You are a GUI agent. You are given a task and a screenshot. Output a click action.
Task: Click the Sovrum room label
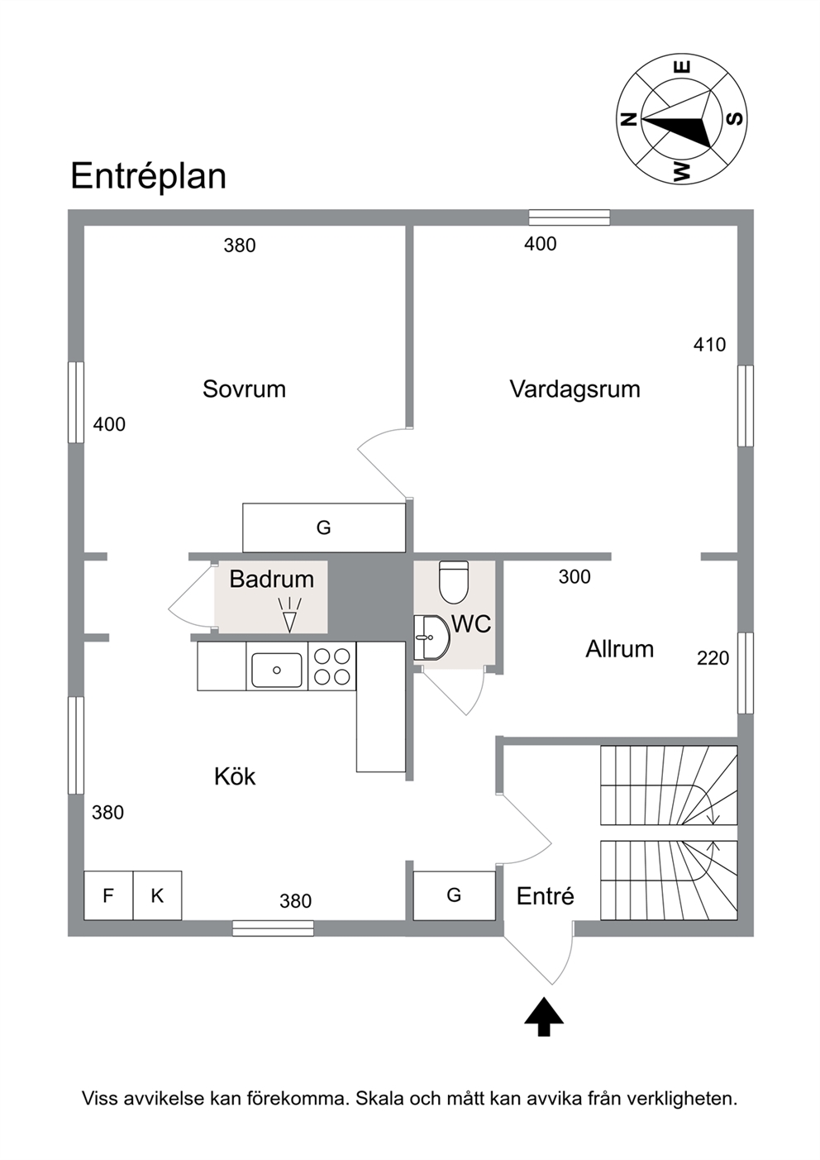click(x=244, y=389)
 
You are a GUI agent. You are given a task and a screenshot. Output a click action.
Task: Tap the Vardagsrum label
click(x=574, y=389)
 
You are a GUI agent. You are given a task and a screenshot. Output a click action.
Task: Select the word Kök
click(x=235, y=777)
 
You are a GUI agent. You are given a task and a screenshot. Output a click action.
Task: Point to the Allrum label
click(x=620, y=649)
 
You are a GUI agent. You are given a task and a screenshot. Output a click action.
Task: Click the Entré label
click(x=545, y=896)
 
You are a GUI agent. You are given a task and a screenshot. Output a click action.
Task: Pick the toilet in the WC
click(x=454, y=583)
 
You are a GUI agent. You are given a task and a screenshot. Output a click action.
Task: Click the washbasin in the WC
click(x=431, y=637)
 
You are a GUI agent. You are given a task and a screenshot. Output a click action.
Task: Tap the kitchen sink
click(x=277, y=670)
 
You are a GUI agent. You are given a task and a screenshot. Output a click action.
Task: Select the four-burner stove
click(x=331, y=666)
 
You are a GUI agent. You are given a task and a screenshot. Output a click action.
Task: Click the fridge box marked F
click(x=109, y=895)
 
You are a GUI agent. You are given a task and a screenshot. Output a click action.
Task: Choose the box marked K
click(x=157, y=895)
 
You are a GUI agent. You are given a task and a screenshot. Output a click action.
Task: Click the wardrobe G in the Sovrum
click(x=324, y=527)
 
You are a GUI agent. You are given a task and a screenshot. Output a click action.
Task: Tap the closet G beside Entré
click(x=454, y=895)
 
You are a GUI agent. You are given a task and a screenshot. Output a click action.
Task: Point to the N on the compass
click(x=628, y=119)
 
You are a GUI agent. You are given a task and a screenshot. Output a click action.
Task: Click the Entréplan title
click(x=149, y=177)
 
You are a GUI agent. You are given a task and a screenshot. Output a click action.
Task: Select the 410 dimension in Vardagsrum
click(x=710, y=345)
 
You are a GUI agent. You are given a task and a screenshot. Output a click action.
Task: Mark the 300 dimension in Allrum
click(x=574, y=577)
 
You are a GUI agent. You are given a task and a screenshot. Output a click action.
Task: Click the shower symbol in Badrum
click(x=290, y=615)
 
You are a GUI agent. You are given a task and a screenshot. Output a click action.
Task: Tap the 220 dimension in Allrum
click(x=713, y=658)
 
